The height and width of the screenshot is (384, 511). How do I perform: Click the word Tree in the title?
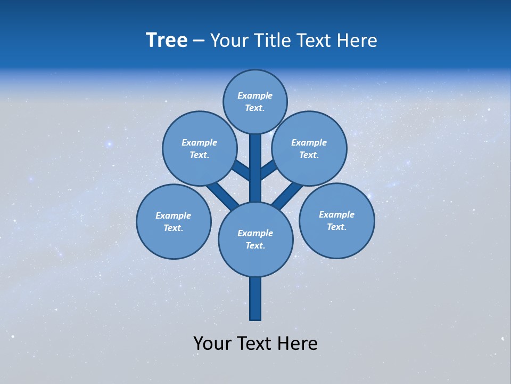[167, 41]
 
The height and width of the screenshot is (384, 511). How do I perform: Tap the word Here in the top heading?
[357, 41]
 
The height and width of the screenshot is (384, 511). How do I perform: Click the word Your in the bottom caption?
[213, 343]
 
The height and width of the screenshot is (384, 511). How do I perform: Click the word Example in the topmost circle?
[255, 96]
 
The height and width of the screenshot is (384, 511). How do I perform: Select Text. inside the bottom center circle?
[255, 246]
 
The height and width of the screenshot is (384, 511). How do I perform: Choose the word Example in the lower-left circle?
[173, 216]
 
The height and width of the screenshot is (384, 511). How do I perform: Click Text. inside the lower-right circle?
[336, 227]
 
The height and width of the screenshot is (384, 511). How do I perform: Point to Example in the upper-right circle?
[309, 143]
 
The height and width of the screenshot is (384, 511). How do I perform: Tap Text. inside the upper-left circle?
[199, 155]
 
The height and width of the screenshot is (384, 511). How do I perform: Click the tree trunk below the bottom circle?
[256, 299]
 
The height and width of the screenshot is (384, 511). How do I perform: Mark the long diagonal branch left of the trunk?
[222, 195]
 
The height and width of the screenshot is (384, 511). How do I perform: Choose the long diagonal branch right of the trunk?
[287, 195]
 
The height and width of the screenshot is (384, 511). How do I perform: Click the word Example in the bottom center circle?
[255, 234]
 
